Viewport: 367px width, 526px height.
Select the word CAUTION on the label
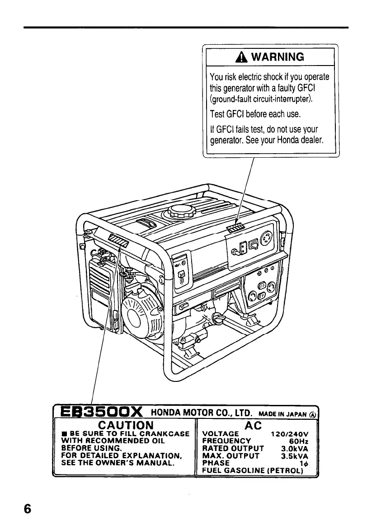(126, 425)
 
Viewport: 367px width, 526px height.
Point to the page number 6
(28, 508)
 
